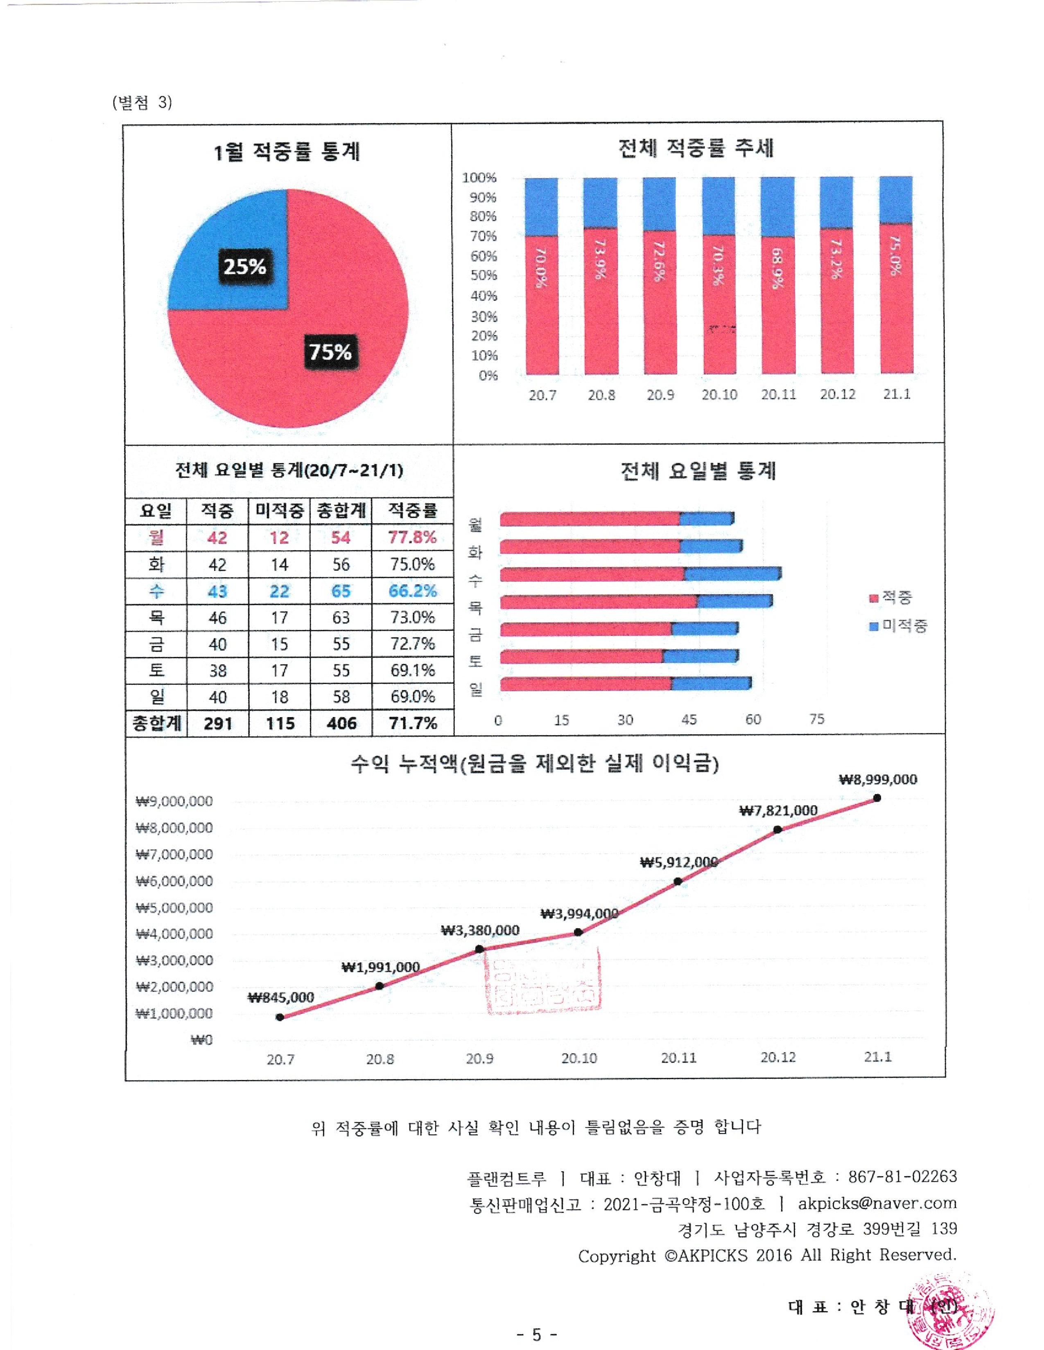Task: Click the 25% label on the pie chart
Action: click(245, 267)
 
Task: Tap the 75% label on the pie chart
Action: click(330, 352)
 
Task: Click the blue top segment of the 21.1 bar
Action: click(895, 199)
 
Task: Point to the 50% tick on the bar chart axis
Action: click(484, 276)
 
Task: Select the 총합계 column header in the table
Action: click(341, 511)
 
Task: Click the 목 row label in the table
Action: click(156, 617)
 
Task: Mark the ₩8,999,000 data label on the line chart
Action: click(878, 779)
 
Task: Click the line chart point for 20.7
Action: click(280, 1017)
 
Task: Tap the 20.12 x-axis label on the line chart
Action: click(778, 1057)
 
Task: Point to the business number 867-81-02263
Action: click(902, 1176)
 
